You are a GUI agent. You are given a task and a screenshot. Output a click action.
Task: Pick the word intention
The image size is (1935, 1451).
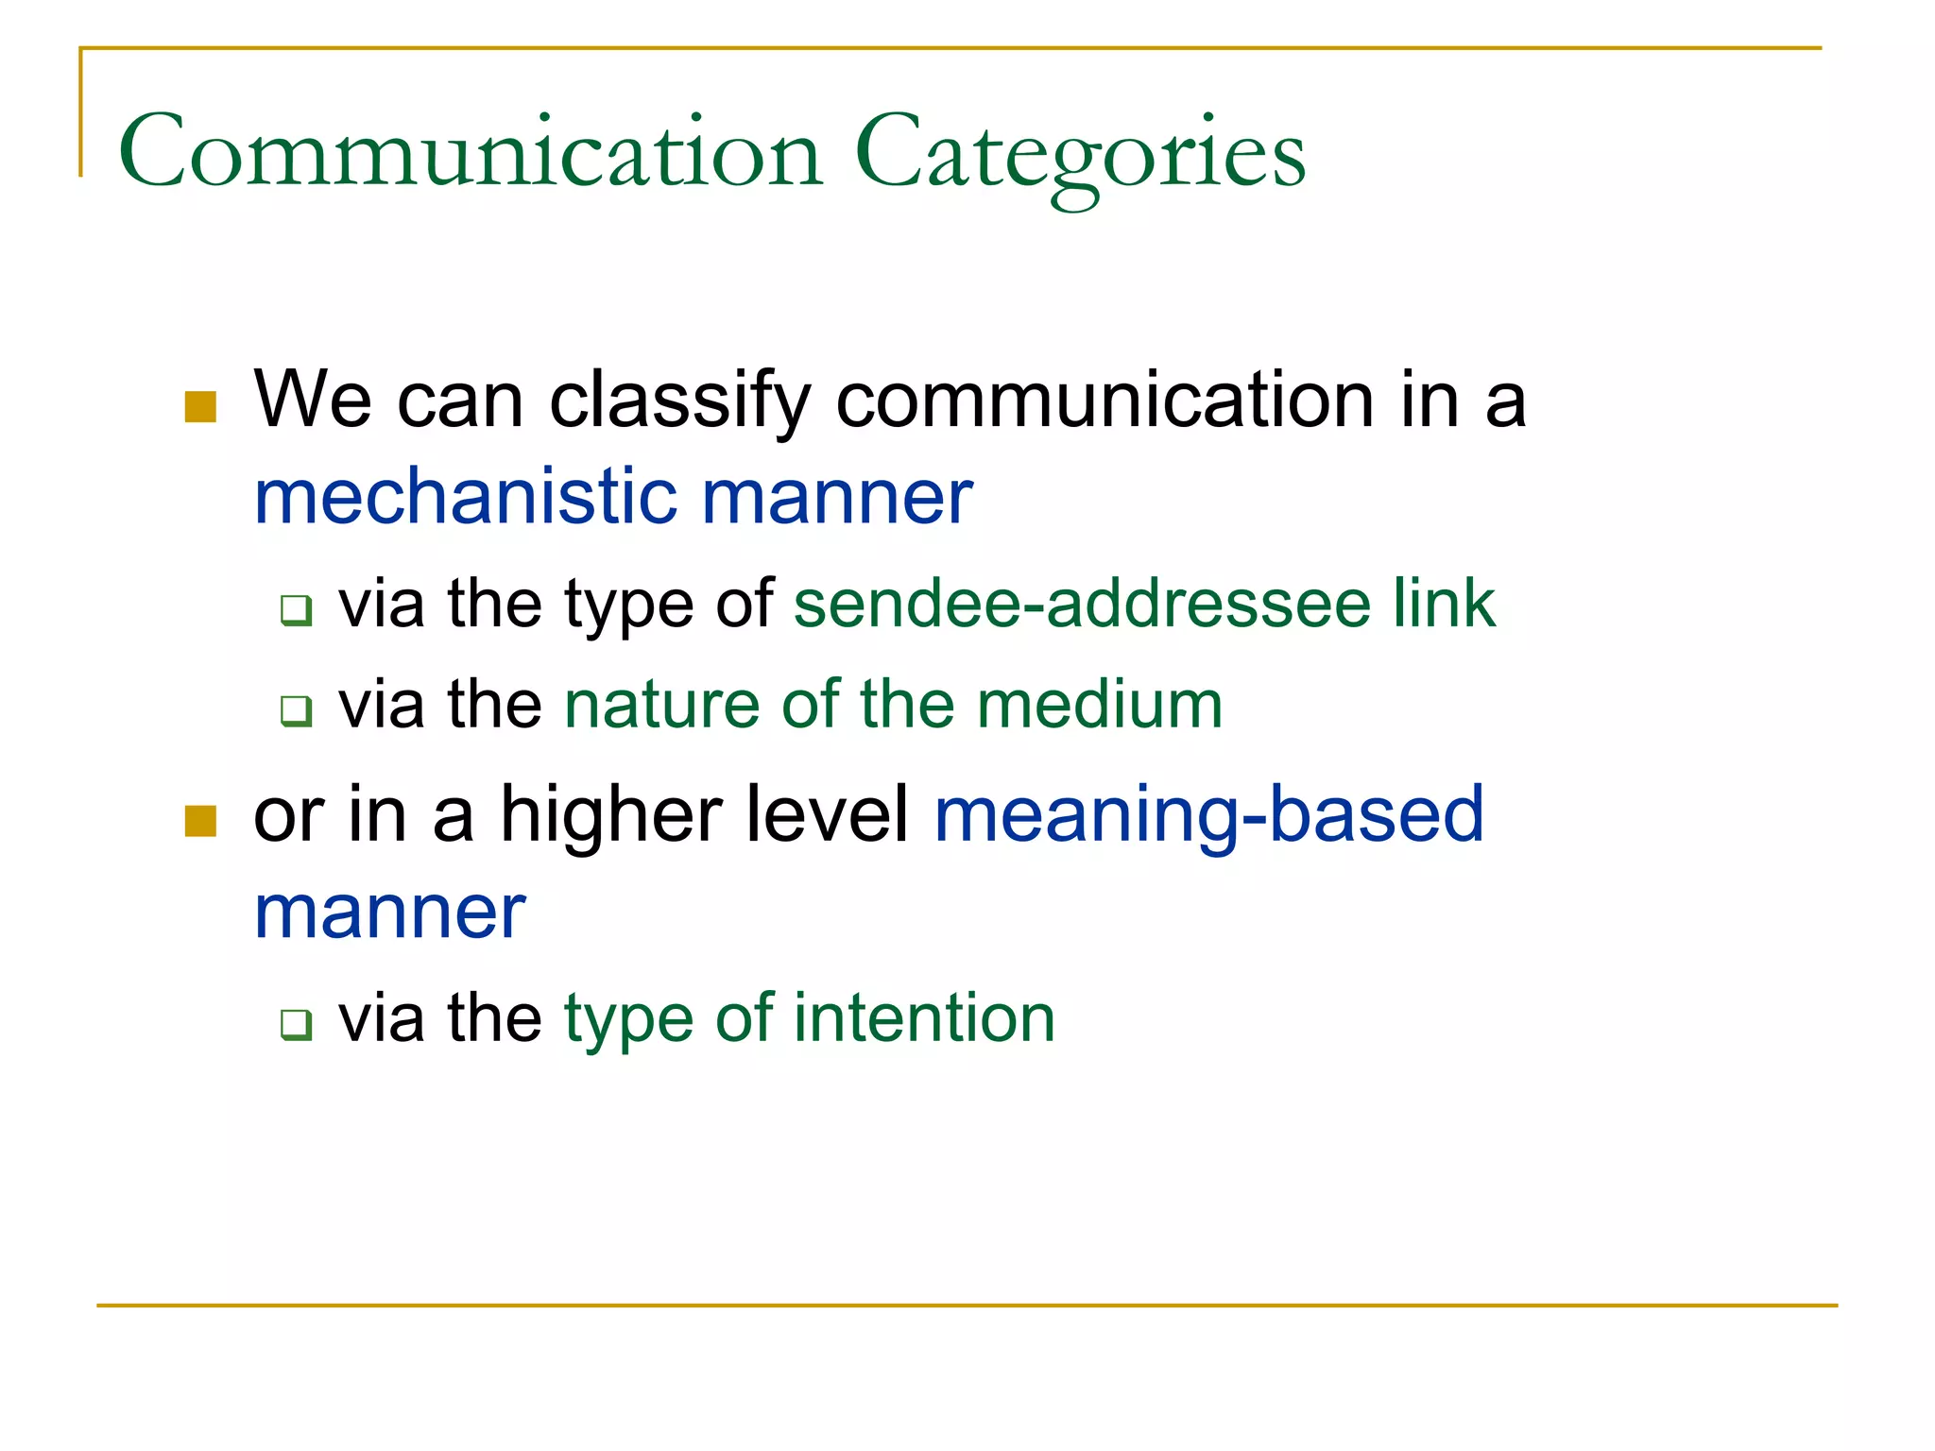[924, 1019]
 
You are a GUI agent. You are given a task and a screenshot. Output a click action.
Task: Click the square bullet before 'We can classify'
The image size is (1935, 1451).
[201, 407]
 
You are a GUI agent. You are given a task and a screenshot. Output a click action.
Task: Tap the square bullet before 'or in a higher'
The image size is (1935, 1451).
[201, 821]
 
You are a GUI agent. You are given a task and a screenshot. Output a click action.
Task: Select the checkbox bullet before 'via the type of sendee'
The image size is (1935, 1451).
[296, 610]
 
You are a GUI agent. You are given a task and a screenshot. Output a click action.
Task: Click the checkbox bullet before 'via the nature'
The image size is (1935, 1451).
[296, 710]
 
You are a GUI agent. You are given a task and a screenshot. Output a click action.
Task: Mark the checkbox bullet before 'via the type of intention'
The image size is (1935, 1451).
[296, 1024]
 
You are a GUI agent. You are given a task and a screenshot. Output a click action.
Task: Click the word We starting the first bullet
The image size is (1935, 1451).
[312, 401]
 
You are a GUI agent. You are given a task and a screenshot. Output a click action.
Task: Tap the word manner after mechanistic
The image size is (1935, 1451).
[836, 498]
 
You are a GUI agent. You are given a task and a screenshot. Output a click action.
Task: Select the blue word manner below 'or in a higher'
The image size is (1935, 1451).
[389, 913]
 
